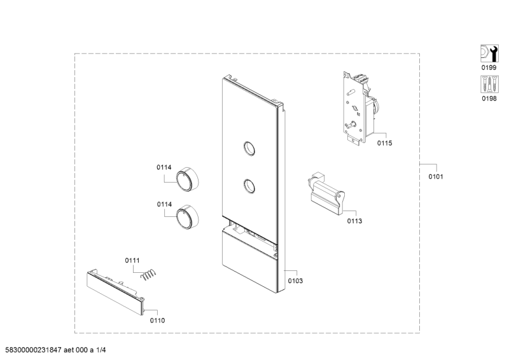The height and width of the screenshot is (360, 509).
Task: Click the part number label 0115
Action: (384, 144)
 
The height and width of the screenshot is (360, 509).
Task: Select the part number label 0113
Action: (354, 221)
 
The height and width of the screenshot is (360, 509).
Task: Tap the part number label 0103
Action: (295, 280)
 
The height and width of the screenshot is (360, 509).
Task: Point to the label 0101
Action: (436, 176)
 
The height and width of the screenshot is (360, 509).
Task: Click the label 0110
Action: (157, 321)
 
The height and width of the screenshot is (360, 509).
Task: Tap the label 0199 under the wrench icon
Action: (488, 67)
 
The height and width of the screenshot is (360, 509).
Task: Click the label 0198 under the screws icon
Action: (488, 99)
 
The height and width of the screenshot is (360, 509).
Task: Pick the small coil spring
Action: (148, 274)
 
